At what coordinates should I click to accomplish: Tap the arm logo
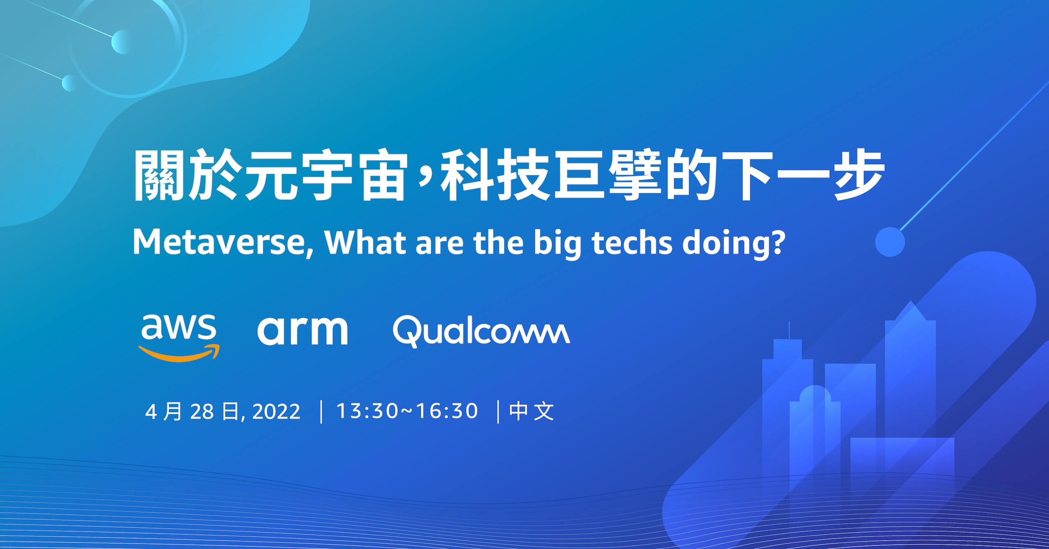[x=302, y=330]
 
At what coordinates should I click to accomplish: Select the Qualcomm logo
[x=481, y=331]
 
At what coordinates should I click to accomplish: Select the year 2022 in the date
[x=276, y=411]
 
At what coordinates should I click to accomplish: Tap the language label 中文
[x=531, y=411]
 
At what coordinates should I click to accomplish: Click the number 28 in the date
[x=202, y=411]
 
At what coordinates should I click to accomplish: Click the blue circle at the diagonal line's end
[x=890, y=242]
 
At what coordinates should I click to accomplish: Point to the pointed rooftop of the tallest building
[x=910, y=311]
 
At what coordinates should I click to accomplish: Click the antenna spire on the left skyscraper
[x=789, y=331]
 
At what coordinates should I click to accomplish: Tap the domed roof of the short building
[x=815, y=394]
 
